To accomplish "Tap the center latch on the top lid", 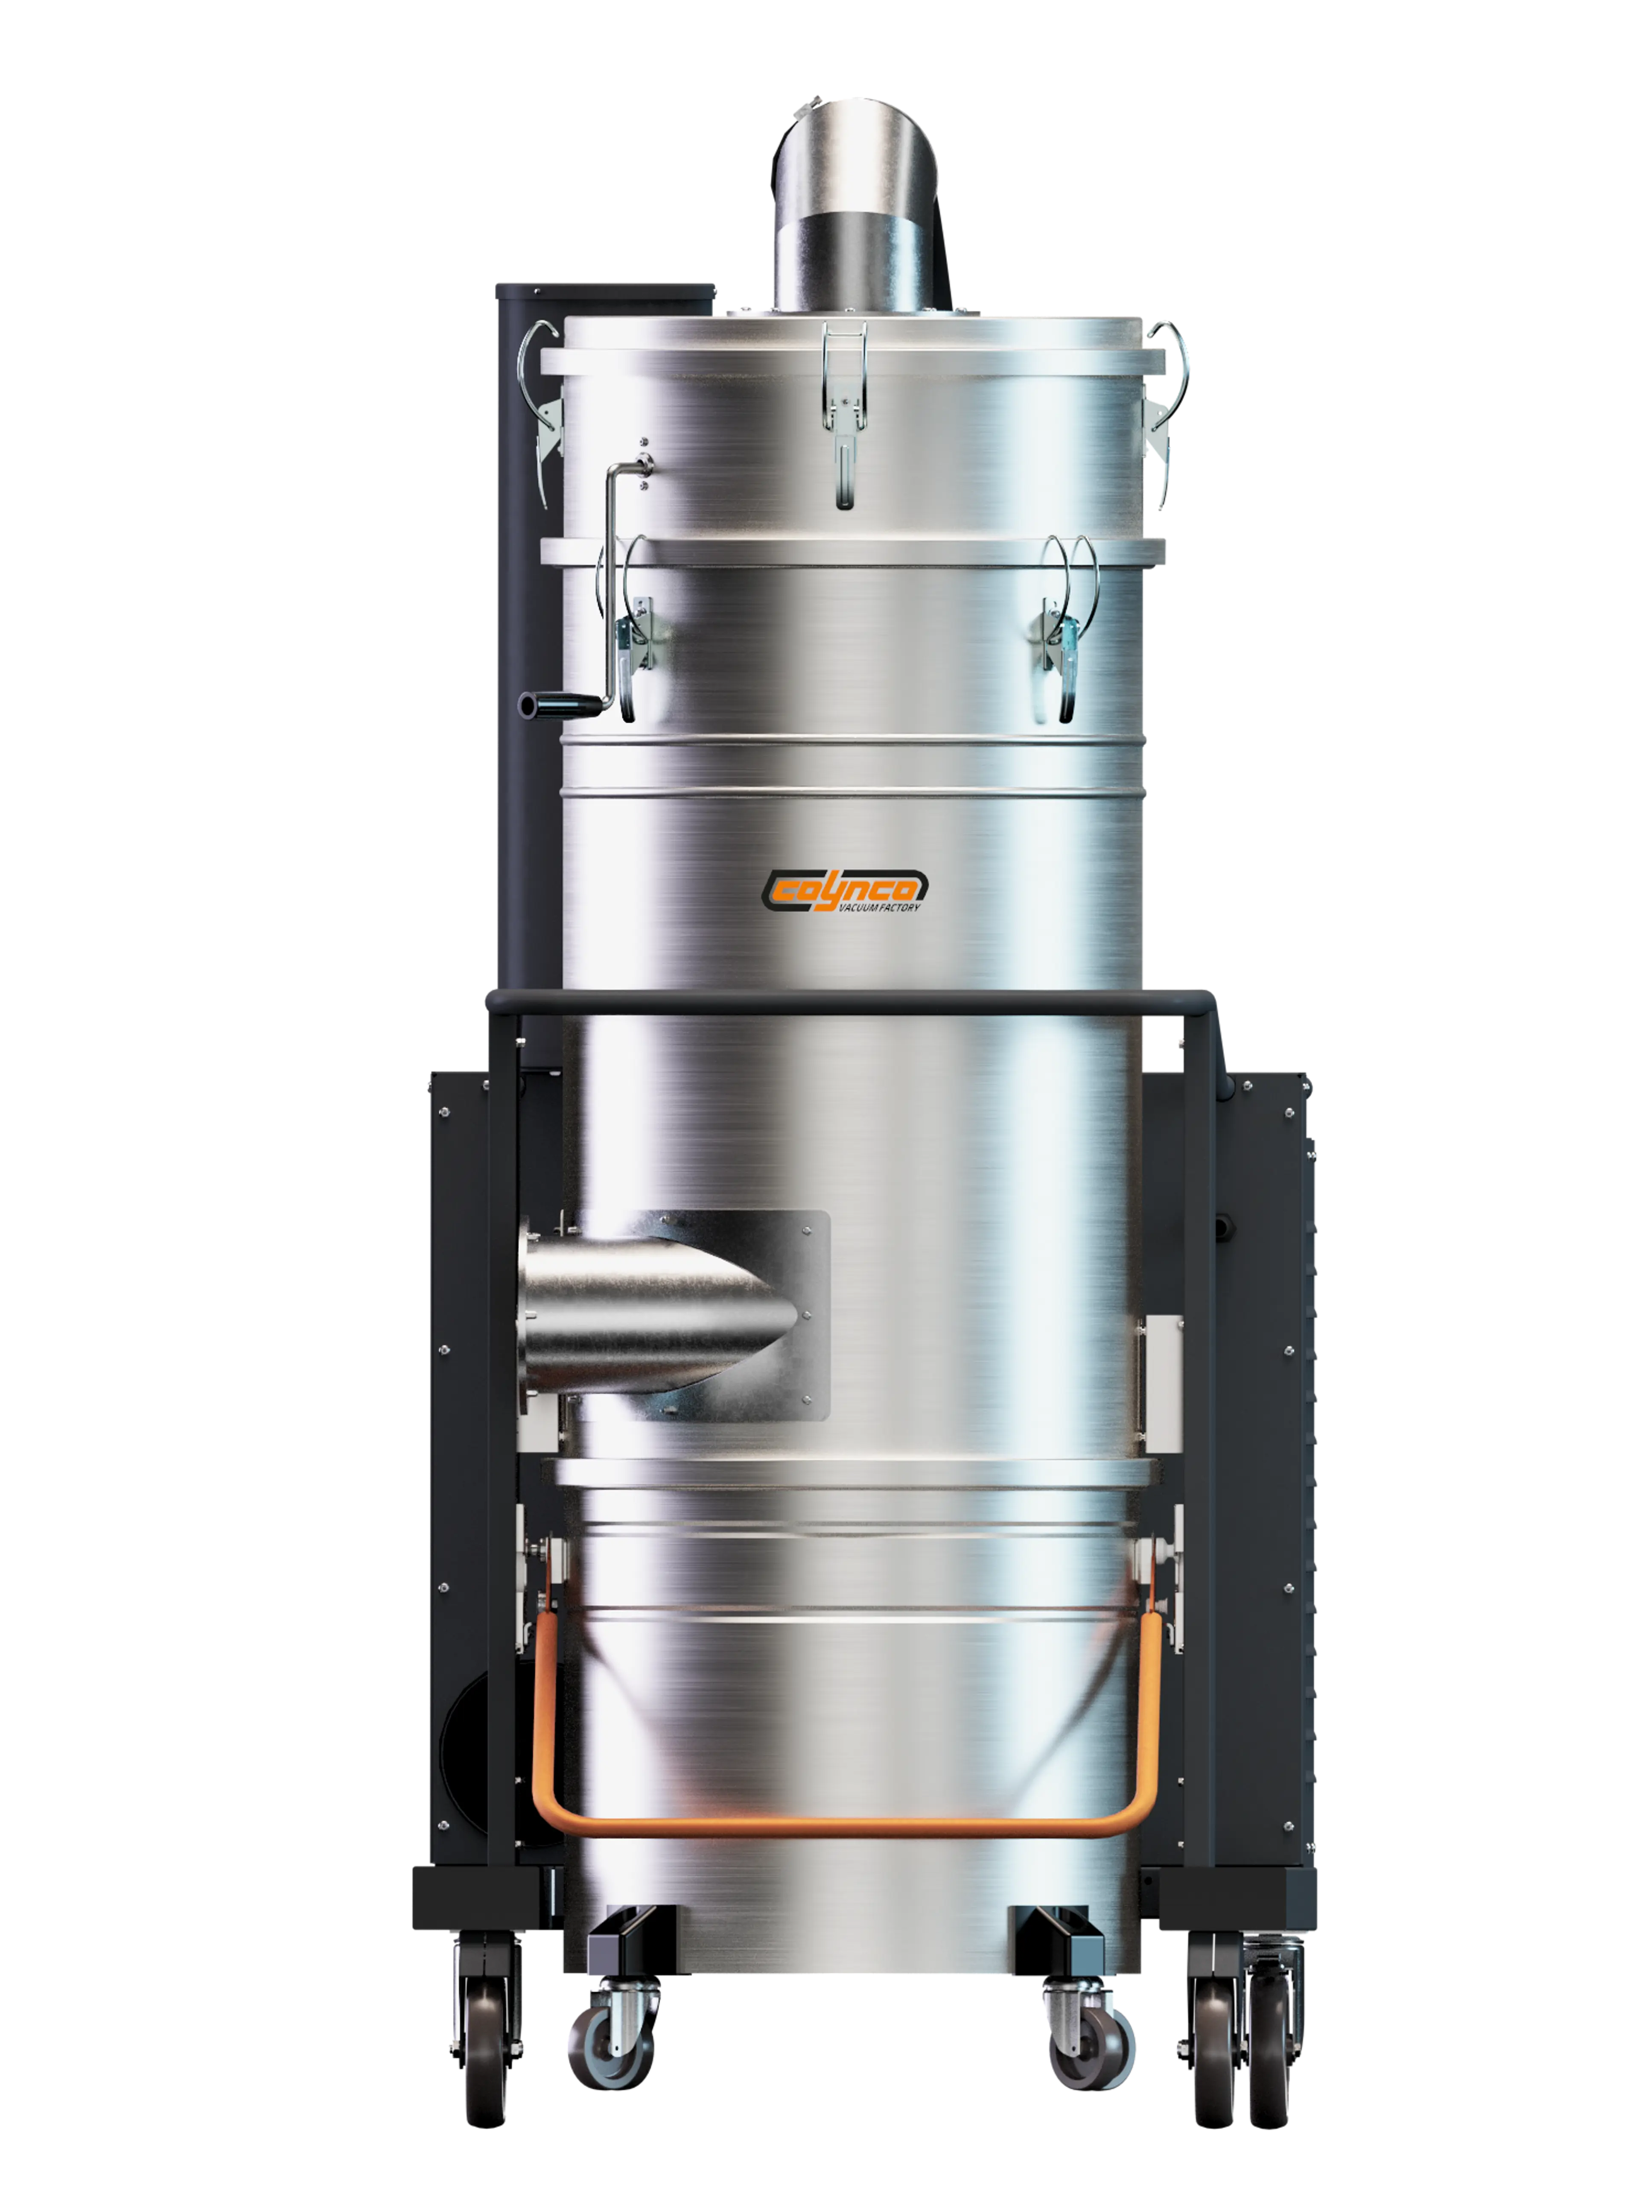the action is point(844,415).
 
